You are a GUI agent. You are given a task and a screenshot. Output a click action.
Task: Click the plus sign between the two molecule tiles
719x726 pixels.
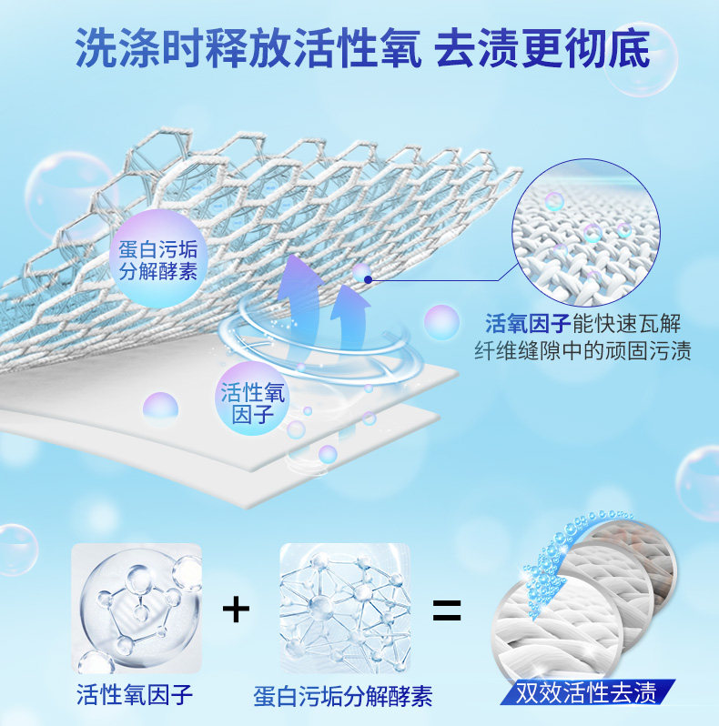(236, 609)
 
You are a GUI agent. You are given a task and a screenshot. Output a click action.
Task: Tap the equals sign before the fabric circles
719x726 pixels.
(446, 609)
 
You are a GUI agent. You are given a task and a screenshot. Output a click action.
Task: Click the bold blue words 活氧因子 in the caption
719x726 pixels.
(526, 323)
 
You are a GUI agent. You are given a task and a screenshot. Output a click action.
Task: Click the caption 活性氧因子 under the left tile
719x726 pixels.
(134, 696)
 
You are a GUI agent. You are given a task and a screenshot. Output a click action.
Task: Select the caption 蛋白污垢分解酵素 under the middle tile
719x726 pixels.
(343, 697)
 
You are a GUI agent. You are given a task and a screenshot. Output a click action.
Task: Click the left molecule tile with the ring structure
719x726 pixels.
(137, 608)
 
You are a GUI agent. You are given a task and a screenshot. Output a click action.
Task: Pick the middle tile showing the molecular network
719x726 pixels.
(344, 608)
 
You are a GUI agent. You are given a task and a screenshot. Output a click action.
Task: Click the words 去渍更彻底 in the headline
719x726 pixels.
(543, 51)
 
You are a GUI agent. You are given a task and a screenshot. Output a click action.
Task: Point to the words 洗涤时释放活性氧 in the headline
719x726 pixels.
(248, 51)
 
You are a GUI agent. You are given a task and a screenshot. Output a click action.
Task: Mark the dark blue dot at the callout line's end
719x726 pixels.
(368, 279)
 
